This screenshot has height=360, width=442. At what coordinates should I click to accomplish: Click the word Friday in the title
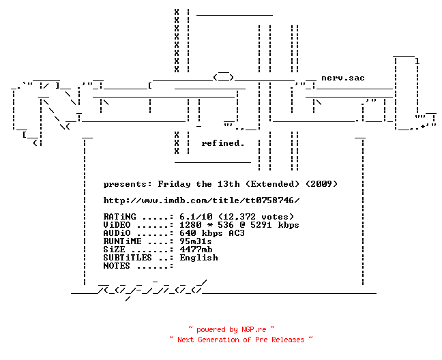point(174,185)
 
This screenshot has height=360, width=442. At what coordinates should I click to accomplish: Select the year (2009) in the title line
point(322,184)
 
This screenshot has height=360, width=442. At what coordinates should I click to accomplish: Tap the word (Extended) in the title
point(272,184)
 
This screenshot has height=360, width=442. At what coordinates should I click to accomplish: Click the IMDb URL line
point(201,200)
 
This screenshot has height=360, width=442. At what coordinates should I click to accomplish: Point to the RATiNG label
point(119,217)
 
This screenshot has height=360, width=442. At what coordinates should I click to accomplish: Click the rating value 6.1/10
point(196,217)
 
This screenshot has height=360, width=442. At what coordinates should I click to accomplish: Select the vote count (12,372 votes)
point(256,217)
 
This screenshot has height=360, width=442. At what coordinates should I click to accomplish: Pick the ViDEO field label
point(117,225)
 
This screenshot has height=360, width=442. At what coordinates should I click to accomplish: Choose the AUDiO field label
point(117,233)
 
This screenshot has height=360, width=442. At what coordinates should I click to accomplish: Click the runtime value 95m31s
point(196,241)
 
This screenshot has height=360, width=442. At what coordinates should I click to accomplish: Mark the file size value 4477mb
point(196,250)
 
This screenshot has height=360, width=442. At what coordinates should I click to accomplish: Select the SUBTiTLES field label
point(128,258)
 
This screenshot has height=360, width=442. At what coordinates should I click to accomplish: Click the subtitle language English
point(198,258)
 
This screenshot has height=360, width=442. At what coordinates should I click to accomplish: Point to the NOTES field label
point(117,266)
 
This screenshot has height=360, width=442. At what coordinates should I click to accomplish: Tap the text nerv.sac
point(343,78)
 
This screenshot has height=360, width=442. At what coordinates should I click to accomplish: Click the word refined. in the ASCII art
point(222,143)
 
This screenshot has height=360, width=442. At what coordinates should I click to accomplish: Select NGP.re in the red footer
point(254,329)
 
